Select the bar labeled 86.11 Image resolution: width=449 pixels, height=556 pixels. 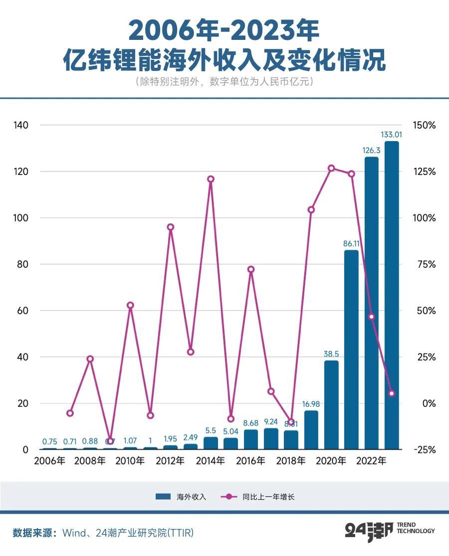(x=351, y=350)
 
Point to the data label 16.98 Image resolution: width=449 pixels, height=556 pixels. (x=311, y=403)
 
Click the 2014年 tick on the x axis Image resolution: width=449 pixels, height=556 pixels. (x=210, y=461)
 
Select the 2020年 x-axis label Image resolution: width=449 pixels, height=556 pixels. (x=331, y=461)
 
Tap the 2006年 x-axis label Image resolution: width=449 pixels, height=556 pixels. (x=49, y=461)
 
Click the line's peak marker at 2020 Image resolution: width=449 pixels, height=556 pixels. (x=331, y=168)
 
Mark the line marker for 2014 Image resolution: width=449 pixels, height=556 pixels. (x=211, y=179)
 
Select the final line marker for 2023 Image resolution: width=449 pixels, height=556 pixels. (x=392, y=393)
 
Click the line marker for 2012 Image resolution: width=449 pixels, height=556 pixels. (x=171, y=227)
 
